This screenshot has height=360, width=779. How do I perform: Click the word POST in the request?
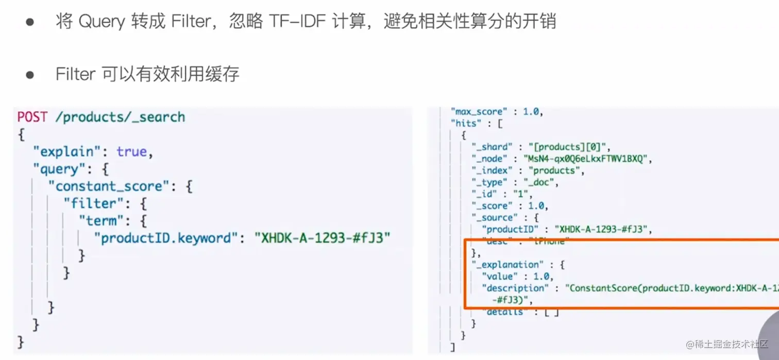(32, 117)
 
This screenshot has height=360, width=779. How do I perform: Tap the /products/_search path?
(120, 117)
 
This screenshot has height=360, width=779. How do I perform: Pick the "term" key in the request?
(101, 220)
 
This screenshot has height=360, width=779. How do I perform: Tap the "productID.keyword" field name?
(167, 238)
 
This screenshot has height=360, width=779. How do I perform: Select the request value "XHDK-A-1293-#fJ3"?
(322, 238)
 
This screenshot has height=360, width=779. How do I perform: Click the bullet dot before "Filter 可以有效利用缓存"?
(29, 74)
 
